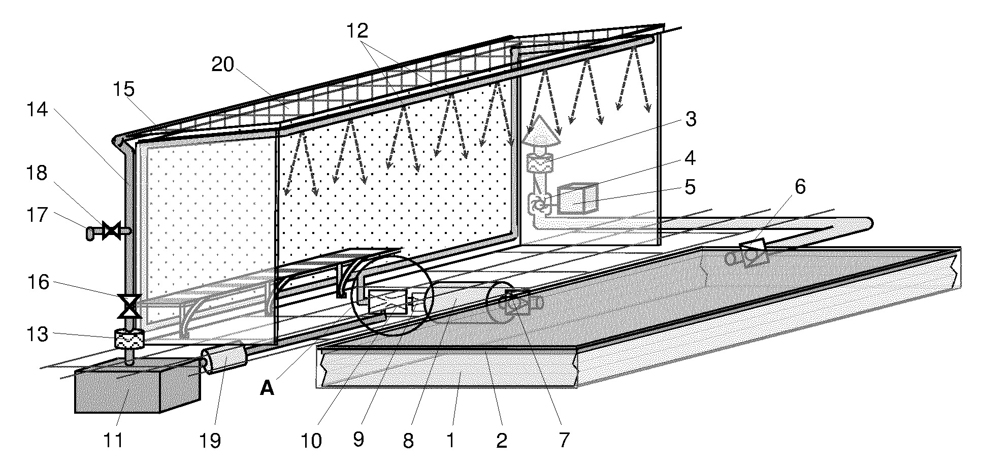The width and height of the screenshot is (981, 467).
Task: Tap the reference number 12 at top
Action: click(x=357, y=31)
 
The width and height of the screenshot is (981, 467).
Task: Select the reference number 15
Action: click(x=123, y=90)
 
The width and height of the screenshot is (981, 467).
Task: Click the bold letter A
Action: click(x=267, y=389)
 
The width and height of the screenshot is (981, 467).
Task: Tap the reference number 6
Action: click(x=800, y=187)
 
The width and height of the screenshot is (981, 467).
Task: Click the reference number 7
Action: click(x=565, y=440)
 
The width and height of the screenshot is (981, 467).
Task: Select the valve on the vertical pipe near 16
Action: click(x=129, y=306)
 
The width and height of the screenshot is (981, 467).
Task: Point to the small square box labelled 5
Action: click(x=578, y=198)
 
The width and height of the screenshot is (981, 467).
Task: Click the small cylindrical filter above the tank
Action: click(x=129, y=339)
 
